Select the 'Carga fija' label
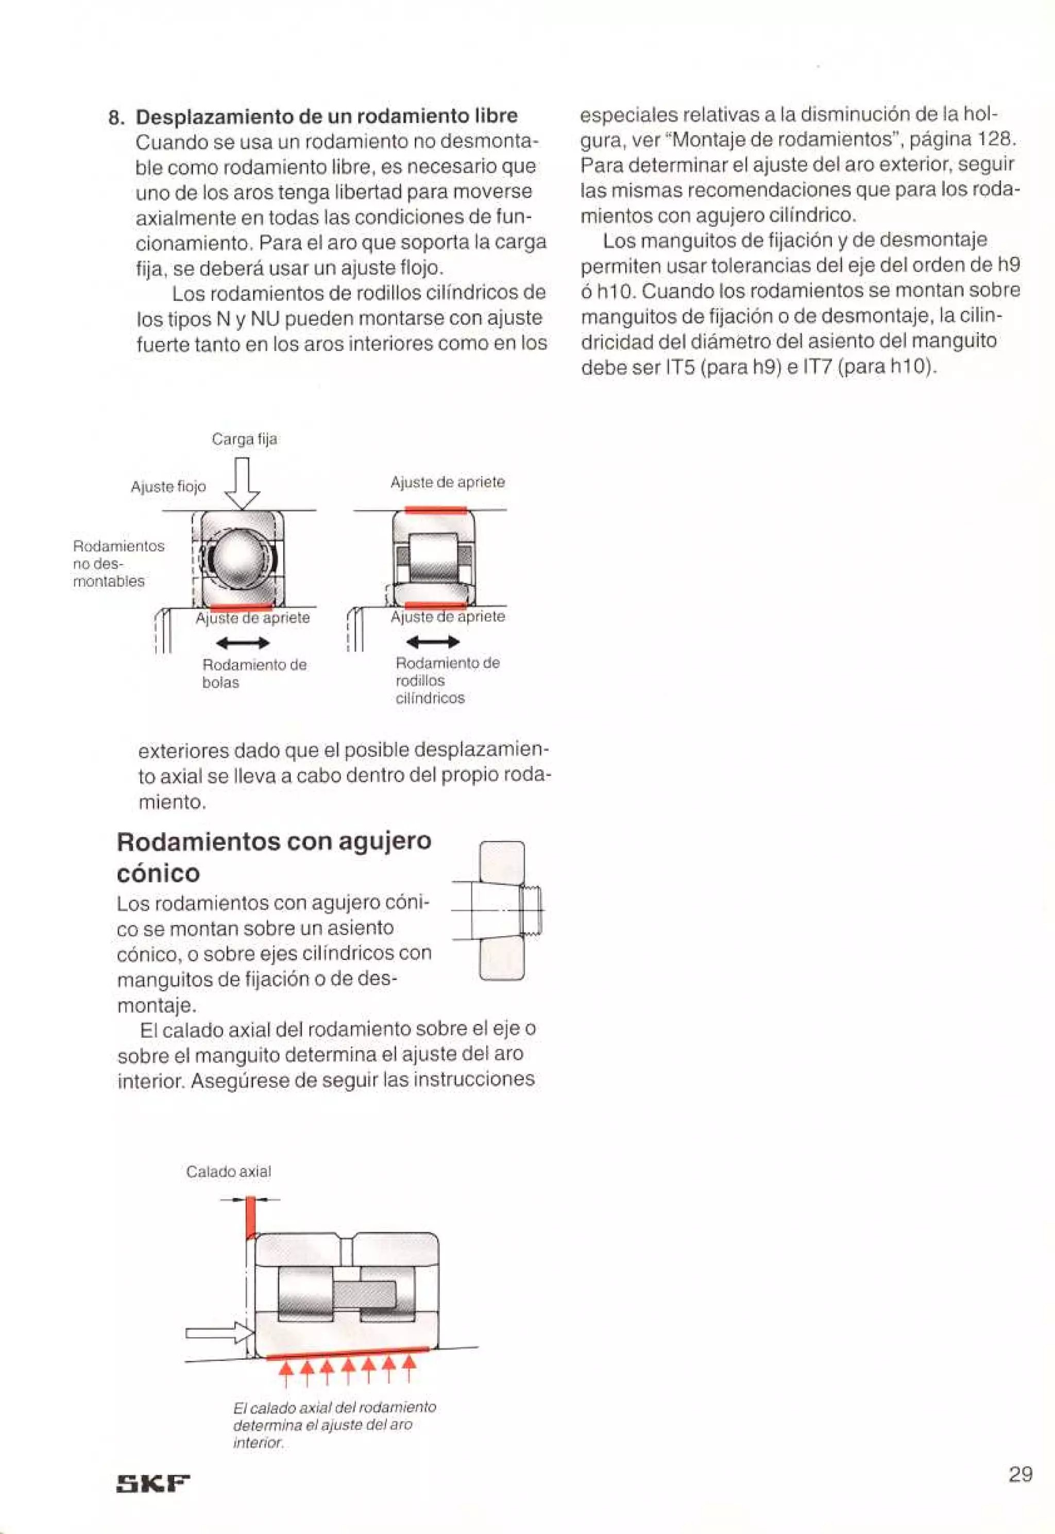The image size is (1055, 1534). [245, 439]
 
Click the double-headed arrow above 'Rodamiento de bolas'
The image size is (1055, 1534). [243, 643]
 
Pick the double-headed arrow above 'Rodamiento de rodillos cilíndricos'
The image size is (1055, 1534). [433, 642]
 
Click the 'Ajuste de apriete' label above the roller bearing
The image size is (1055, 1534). [448, 482]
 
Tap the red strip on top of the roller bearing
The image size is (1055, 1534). [436, 510]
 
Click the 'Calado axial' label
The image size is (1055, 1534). [228, 1172]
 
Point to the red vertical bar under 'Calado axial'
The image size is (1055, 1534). [250, 1217]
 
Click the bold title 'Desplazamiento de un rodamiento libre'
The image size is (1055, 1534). [327, 116]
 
